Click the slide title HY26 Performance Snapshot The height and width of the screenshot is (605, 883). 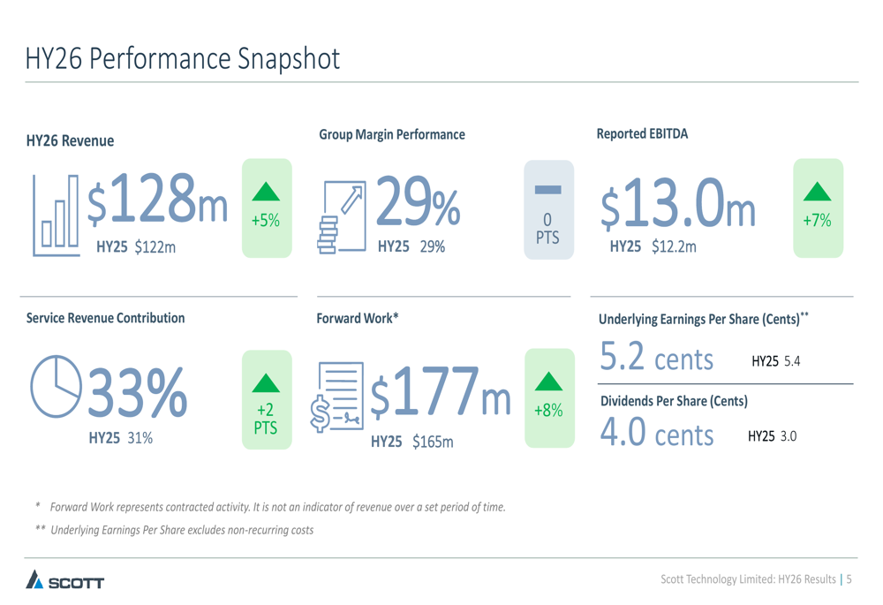[x=182, y=58]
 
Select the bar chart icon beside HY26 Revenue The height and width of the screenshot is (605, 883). [x=56, y=216]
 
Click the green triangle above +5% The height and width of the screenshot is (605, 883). [x=266, y=192]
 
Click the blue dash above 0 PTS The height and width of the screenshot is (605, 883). [x=547, y=189]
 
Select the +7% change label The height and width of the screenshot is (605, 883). [x=817, y=221]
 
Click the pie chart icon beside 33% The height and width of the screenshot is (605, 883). [x=56, y=386]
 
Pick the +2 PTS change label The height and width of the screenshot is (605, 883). [x=266, y=419]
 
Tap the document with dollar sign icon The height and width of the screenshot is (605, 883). [x=337, y=396]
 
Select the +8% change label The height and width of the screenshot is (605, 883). [x=548, y=411]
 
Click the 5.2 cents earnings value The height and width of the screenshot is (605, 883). [x=656, y=358]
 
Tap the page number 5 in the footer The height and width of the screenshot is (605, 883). [x=849, y=579]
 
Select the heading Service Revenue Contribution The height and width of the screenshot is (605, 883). [x=105, y=318]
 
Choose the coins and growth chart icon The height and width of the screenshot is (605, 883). [x=340, y=217]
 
